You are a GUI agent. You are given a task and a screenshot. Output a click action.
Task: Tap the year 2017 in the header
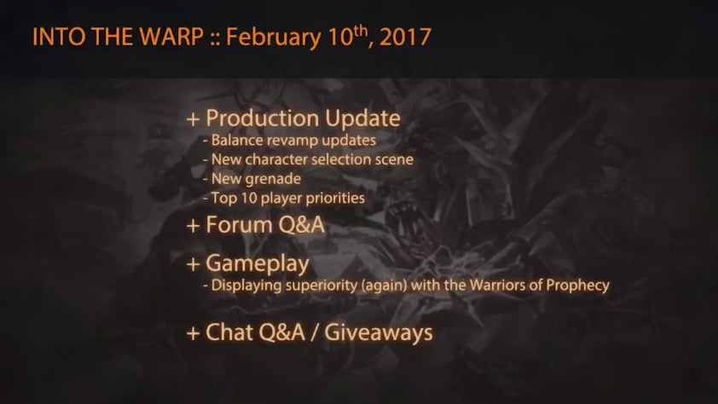coord(405,37)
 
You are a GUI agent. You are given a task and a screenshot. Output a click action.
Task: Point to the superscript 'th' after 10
coord(361,31)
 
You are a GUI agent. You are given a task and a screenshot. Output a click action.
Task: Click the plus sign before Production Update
coord(194,119)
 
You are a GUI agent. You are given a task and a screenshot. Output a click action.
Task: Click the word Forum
coord(240,225)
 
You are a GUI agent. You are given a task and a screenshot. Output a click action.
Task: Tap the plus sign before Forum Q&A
coord(194,226)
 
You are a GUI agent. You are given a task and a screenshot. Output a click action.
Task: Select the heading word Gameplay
coord(258,264)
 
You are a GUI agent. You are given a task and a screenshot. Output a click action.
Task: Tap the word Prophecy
coord(578,286)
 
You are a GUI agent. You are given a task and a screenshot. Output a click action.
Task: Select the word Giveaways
coord(379,332)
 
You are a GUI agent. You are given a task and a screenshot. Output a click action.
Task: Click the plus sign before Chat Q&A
coord(194,333)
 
